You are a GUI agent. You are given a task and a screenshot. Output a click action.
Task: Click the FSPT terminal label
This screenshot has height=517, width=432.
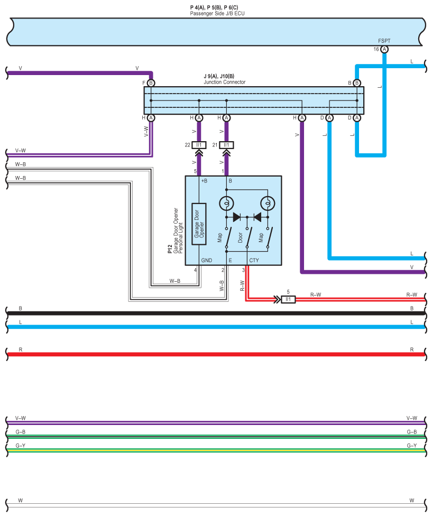click(x=384, y=41)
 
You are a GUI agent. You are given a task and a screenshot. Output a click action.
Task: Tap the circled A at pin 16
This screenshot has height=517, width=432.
click(x=384, y=49)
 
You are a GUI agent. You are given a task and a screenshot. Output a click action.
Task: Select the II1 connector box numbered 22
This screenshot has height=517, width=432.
click(x=199, y=145)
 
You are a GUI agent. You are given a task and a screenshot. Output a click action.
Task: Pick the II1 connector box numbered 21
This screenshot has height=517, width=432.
click(x=226, y=145)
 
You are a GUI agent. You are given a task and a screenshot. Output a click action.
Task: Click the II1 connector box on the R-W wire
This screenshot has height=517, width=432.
click(x=288, y=299)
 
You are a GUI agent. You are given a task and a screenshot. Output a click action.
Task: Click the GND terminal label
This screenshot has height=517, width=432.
click(x=206, y=261)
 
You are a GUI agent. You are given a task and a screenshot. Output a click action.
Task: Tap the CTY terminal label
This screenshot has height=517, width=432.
click(x=254, y=261)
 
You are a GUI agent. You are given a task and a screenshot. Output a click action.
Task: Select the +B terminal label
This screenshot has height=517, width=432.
click(x=204, y=181)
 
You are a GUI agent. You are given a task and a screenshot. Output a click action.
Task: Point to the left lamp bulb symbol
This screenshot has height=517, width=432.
click(x=226, y=203)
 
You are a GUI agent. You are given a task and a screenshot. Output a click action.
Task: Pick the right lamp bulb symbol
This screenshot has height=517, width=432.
click(x=268, y=203)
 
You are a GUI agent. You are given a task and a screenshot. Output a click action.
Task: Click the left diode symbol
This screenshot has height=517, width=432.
click(x=237, y=217)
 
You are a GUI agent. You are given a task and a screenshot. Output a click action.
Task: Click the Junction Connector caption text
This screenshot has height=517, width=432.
click(x=224, y=82)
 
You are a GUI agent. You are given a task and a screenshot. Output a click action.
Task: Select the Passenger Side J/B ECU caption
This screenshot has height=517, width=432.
click(x=217, y=13)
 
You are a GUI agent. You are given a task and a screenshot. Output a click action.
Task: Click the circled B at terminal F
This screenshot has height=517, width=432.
click(x=151, y=83)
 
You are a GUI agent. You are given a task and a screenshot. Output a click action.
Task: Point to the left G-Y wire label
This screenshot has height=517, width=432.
click(x=21, y=446)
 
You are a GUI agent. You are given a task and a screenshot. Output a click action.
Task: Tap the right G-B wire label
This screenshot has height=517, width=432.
click(x=411, y=432)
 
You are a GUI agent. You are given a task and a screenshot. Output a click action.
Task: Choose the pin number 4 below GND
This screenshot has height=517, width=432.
click(x=195, y=270)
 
